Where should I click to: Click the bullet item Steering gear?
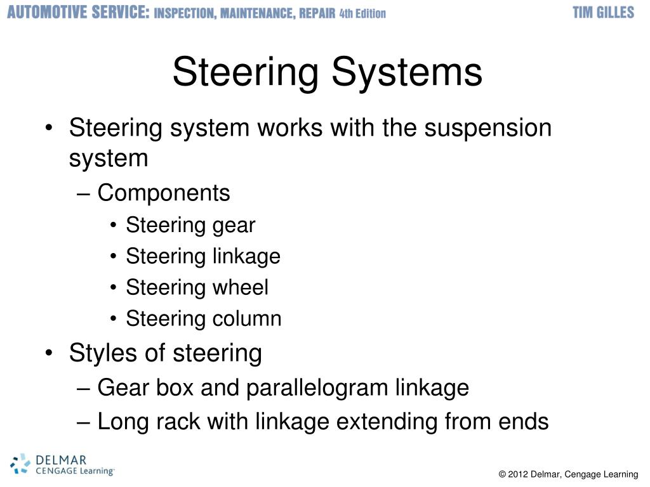click(x=190, y=225)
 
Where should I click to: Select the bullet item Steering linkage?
click(x=203, y=256)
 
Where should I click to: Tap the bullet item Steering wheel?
click(x=197, y=287)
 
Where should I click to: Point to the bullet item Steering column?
click(x=204, y=318)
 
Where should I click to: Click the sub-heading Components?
click(x=164, y=193)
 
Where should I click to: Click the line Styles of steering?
click(x=165, y=353)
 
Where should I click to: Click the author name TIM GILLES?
click(x=603, y=13)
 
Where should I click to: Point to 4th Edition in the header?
click(x=362, y=13)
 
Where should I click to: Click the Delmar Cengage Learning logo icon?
click(x=20, y=464)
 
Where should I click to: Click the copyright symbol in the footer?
click(x=502, y=474)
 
